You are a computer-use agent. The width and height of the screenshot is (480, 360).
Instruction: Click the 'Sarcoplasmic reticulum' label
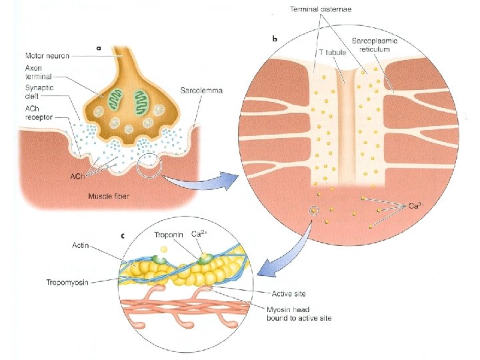pyautogui.click(x=375, y=45)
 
